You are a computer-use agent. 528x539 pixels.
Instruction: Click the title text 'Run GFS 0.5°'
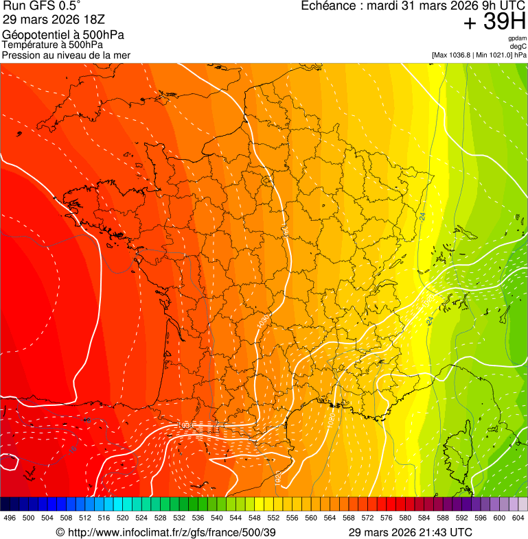[x=41, y=7]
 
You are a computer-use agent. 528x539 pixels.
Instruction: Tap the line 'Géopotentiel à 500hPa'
[x=63, y=35]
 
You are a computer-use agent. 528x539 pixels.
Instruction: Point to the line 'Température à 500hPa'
[x=52, y=45]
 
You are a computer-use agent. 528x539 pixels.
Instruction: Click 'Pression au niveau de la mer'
[x=66, y=55]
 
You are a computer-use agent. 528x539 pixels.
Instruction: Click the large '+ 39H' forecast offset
[x=495, y=22]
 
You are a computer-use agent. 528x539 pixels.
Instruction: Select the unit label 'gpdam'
[x=517, y=38]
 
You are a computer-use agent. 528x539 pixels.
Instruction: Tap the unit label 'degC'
[x=518, y=47]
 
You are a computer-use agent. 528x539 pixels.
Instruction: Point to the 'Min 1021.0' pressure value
[x=494, y=55]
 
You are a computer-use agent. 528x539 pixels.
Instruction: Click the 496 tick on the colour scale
[x=10, y=518]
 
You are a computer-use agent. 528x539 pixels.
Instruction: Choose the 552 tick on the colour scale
[x=273, y=518]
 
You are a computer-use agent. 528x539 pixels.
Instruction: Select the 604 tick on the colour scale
[x=518, y=518]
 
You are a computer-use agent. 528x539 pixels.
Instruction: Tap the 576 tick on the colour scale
[x=387, y=518]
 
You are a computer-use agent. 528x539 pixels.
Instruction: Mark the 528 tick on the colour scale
[x=160, y=518]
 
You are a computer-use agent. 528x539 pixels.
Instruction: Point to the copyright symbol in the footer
[x=60, y=532]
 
